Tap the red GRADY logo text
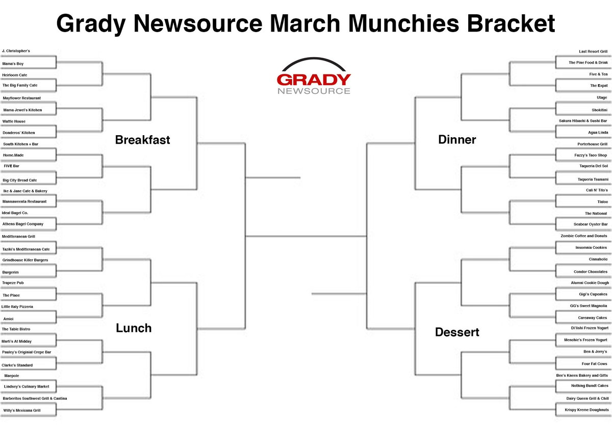coord(314,80)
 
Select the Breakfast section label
coord(142,140)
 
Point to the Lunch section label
coord(134,328)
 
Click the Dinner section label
coord(457,140)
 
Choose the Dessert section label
coord(457,332)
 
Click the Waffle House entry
coord(14,121)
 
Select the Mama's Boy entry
coord(13,64)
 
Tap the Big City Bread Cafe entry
coord(20,181)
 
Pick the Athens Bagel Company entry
coord(23,224)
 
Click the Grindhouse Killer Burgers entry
coord(25,260)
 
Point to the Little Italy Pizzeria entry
coord(17,307)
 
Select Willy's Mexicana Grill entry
coord(22,410)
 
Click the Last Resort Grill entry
coord(593,52)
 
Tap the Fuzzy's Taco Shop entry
coord(591,155)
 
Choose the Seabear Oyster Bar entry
coord(591,224)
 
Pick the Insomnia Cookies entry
coord(591,247)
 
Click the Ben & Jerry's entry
coord(595,351)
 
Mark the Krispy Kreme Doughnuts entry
coord(586,409)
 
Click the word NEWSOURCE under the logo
coord(314,91)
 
